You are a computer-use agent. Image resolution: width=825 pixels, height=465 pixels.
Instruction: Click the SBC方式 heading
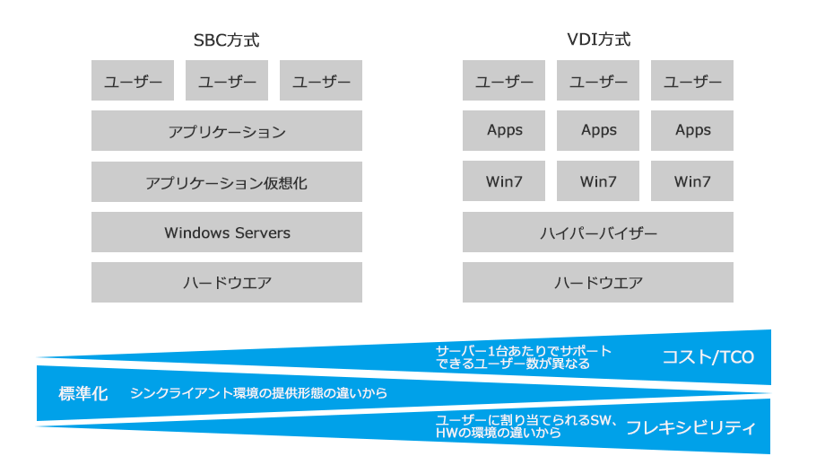click(x=226, y=40)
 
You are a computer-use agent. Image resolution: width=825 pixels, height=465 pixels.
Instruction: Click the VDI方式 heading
click(x=598, y=40)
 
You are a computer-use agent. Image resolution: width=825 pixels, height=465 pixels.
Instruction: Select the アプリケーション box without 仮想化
click(x=226, y=131)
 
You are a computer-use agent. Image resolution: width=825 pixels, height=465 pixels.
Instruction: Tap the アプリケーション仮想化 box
click(x=226, y=182)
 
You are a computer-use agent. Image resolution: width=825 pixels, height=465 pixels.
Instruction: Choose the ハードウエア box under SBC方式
click(x=226, y=283)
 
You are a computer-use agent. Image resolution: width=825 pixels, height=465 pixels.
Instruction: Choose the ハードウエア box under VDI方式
click(x=598, y=283)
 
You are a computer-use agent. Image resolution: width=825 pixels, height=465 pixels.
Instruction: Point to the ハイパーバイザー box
click(x=598, y=232)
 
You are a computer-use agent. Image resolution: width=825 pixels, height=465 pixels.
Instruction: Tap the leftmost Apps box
click(x=504, y=131)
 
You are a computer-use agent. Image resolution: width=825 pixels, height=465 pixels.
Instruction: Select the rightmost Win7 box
click(x=692, y=182)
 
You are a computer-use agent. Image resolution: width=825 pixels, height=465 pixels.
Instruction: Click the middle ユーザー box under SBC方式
click(x=226, y=81)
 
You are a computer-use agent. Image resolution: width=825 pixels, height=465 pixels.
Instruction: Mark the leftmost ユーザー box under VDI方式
click(x=504, y=81)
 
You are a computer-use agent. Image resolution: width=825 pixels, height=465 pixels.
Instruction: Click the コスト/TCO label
click(x=708, y=357)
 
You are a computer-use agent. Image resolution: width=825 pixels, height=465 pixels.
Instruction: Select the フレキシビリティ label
click(x=690, y=427)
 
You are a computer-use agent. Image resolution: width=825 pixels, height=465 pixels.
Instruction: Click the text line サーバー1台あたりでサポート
click(x=511, y=350)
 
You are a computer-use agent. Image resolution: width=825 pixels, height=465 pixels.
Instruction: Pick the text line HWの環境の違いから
click(x=491, y=433)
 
